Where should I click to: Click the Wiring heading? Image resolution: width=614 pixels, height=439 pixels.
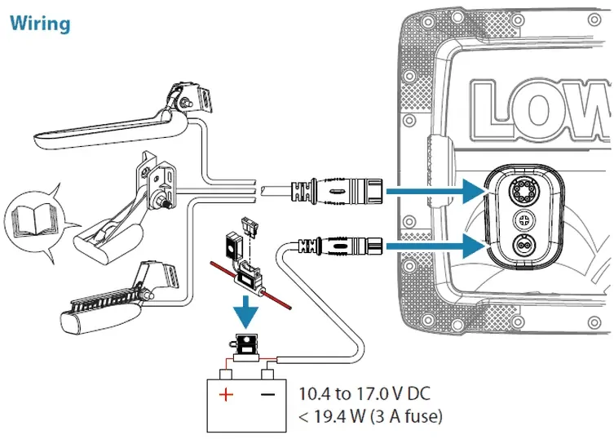coord(39,24)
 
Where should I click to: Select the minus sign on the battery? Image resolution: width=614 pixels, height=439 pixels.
coord(268,396)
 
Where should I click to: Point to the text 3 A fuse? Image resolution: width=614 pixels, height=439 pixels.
coord(402,417)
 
